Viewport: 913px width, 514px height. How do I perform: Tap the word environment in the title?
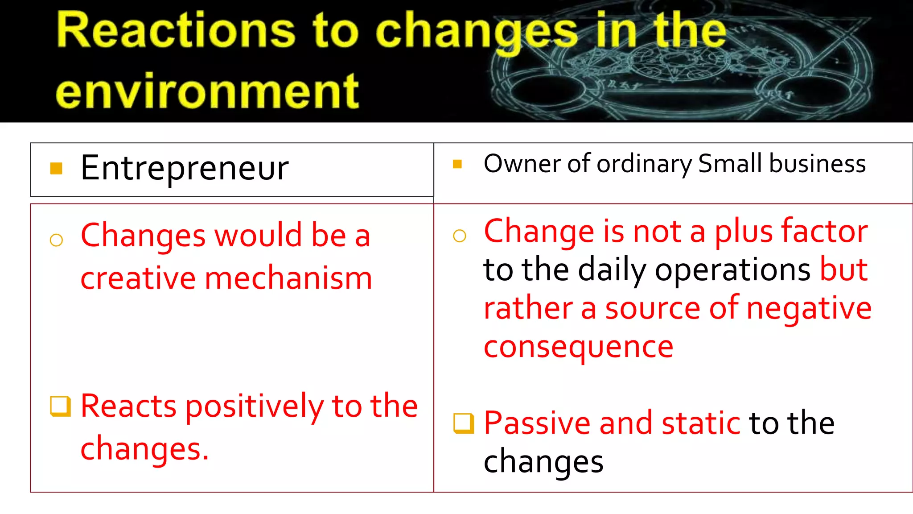pos(207,91)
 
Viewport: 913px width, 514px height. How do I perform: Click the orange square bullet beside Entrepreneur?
pos(56,168)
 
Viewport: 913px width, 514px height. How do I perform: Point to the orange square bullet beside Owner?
pos(457,164)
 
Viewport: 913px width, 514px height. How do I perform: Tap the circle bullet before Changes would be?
pos(57,240)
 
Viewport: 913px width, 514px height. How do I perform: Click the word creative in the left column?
pos(138,278)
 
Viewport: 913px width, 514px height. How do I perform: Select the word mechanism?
pos(288,278)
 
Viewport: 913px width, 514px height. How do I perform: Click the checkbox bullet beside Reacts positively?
pos(60,406)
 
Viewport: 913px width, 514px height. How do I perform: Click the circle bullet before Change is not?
pos(460,236)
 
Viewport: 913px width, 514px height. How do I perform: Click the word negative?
pos(809,308)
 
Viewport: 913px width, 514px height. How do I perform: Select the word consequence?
pos(578,347)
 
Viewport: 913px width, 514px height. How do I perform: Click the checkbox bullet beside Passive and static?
pos(463,423)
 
